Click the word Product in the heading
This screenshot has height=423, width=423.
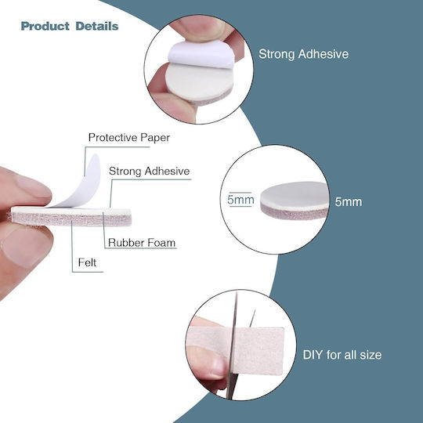45,26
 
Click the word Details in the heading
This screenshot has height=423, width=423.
97,26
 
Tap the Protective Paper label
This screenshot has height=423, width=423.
129,138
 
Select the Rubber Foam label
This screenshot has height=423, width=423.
142,243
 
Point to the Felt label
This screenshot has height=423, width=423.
87,262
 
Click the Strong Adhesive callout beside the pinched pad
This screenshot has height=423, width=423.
149,172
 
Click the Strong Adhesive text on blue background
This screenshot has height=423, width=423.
303,54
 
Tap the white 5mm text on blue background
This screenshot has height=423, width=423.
349,202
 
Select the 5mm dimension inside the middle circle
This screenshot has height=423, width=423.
240,200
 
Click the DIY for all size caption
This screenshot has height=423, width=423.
342,355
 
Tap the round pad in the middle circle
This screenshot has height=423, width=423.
295,201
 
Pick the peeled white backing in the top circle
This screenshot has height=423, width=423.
201,55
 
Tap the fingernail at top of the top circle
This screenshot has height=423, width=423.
207,29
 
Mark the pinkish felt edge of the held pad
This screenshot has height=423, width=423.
71,220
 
